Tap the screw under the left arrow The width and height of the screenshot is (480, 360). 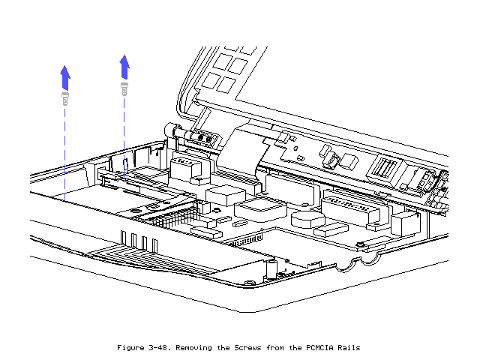(x=65, y=97)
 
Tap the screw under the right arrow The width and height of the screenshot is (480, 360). (x=124, y=88)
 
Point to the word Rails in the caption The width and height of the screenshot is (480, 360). (x=347, y=347)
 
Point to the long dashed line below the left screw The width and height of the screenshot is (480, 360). (x=65, y=150)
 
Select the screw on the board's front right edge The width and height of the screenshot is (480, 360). (x=361, y=244)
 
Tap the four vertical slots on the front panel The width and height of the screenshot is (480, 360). (x=136, y=241)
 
